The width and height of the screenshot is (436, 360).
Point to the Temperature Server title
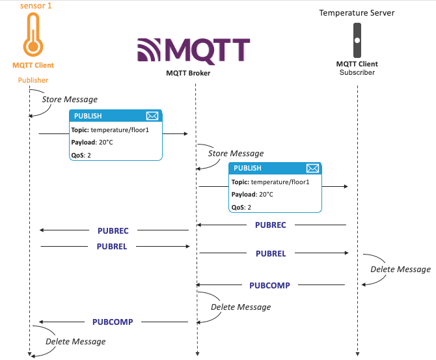(x=357, y=12)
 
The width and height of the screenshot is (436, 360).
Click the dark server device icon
(x=357, y=40)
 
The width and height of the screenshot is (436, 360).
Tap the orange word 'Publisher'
(x=33, y=80)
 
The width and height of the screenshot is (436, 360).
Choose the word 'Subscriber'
(x=357, y=72)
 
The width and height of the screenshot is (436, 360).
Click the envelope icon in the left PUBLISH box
(x=152, y=116)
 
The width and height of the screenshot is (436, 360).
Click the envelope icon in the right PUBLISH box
(x=312, y=168)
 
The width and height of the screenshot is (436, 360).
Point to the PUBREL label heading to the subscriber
(x=271, y=253)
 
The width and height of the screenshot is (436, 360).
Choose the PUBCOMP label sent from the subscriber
(x=269, y=285)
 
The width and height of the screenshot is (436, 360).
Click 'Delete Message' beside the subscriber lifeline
(x=400, y=269)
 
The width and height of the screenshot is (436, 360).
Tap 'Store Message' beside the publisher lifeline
(x=70, y=100)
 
